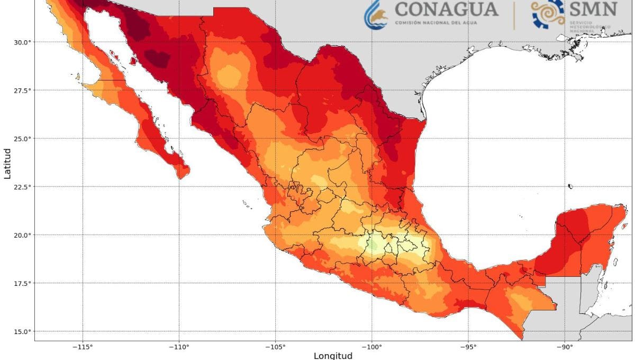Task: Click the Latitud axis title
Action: (7, 163)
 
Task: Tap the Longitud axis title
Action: (332, 355)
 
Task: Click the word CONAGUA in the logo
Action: (446, 9)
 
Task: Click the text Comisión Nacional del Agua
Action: (446, 23)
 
